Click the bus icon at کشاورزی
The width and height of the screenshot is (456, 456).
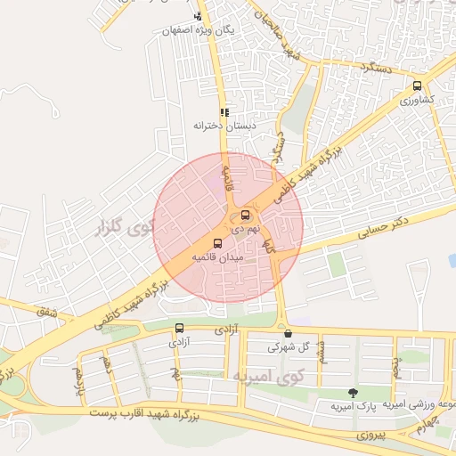pos(417,86)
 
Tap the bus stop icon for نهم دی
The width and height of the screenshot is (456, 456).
pos(246,215)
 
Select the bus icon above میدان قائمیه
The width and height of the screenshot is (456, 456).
pos(217,243)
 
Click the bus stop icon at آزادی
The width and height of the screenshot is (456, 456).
pos(180,328)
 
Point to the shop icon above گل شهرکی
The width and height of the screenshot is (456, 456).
pos(288,333)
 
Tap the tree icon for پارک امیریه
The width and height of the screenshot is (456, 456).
pos(354,393)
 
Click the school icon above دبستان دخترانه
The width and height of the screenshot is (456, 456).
pos(224,112)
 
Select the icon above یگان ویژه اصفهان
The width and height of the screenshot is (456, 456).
pos(198,17)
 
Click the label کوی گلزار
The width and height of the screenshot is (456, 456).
pos(124,228)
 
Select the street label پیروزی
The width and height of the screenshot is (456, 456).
pos(373,436)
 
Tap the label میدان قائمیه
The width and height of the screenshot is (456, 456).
pos(217,256)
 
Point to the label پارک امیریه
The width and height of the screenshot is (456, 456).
pos(349,406)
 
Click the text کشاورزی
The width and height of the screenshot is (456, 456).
pos(416,100)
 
